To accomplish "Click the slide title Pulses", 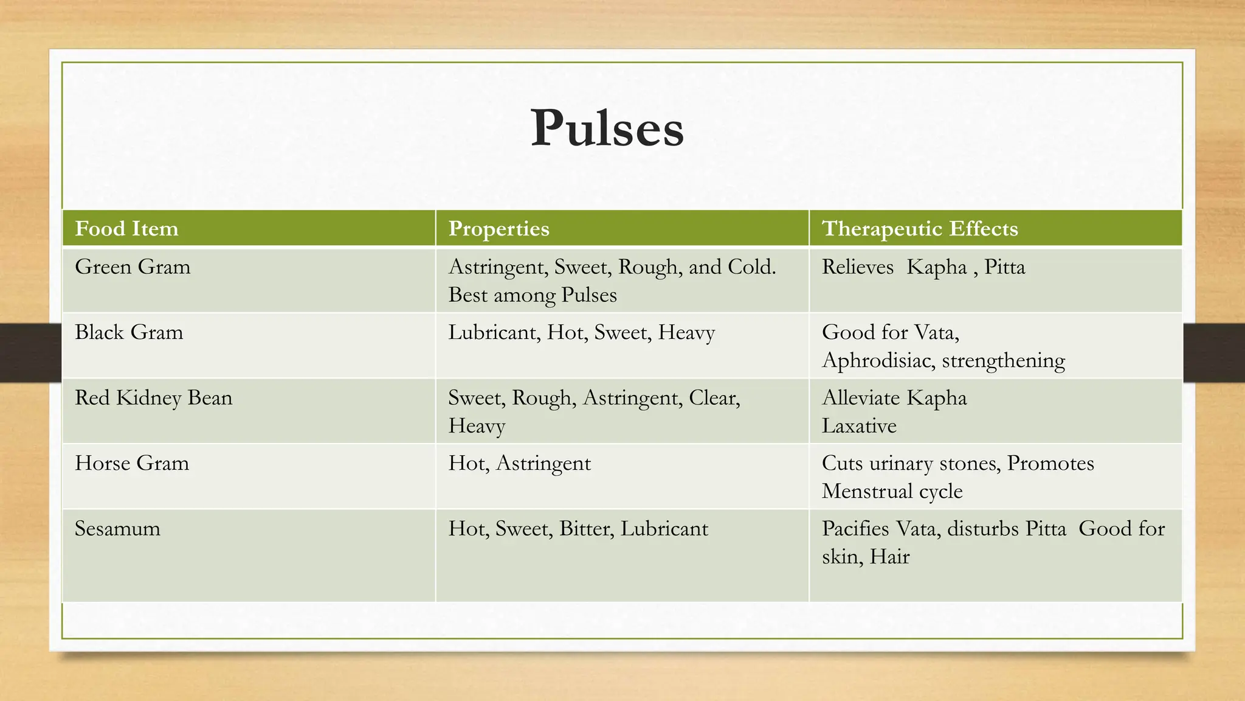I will [x=607, y=128].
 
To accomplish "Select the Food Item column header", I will [x=126, y=229].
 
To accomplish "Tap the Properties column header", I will [x=498, y=229].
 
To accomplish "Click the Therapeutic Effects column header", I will [x=919, y=229].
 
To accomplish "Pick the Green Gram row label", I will [x=133, y=267].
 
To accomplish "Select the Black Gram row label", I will [x=129, y=332].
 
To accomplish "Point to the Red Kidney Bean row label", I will [x=153, y=398].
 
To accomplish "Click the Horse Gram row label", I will [x=132, y=464].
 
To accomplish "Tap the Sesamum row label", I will [x=117, y=529].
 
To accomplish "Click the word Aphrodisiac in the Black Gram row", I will [x=878, y=361].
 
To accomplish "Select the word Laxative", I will [x=859, y=426].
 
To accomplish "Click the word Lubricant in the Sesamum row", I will [x=664, y=529].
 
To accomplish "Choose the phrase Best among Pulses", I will [x=533, y=295].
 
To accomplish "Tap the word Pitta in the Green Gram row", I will [x=1004, y=267].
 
